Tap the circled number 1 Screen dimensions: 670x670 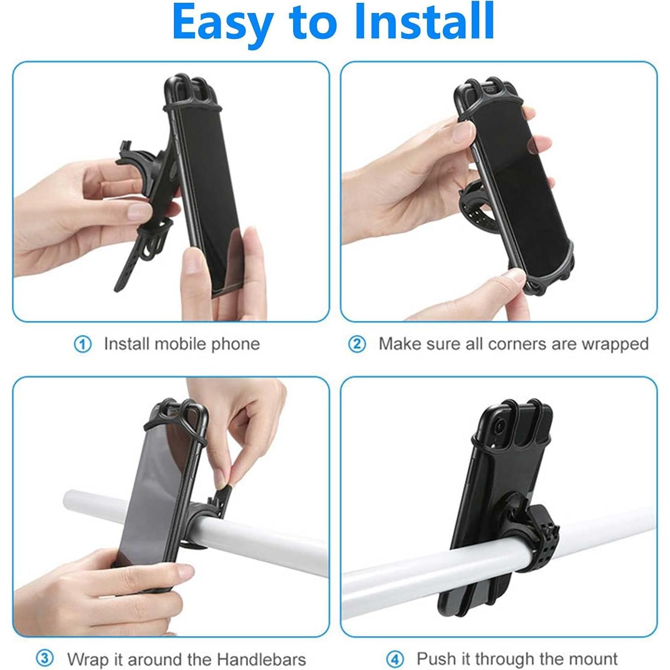83,345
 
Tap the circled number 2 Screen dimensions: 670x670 357,345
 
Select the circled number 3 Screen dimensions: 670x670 45,659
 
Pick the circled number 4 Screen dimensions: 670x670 395,660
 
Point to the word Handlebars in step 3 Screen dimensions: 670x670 261,659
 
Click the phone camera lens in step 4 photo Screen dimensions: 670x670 500,426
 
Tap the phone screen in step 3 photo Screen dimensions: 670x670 154,491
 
